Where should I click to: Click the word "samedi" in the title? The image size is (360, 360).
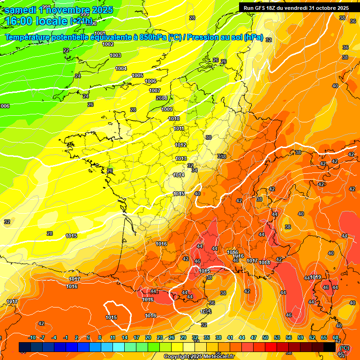pyautogui.click(x=21, y=9)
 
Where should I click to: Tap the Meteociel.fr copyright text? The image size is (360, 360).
pyautogui.click(x=199, y=357)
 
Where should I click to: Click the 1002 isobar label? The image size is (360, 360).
pyautogui.click(x=108, y=45)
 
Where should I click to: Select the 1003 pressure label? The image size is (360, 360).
pyautogui.click(x=115, y=56)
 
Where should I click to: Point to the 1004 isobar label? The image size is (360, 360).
pyautogui.click(x=121, y=69)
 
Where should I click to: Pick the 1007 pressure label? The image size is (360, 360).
pyautogui.click(x=155, y=90)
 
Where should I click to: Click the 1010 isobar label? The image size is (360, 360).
pyautogui.click(x=174, y=119)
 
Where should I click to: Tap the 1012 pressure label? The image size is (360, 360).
pyautogui.click(x=181, y=145)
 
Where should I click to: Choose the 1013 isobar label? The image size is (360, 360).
pyautogui.click(x=181, y=158)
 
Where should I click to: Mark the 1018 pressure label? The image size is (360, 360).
pyautogui.click(x=265, y=262)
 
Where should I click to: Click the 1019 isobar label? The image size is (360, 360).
pyautogui.click(x=315, y=277)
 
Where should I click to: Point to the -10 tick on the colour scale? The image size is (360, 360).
pyautogui.click(x=32, y=338)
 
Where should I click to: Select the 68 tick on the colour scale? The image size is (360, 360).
pyautogui.click(x=336, y=338)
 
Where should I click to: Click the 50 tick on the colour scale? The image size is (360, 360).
pyautogui.click(x=265, y=338)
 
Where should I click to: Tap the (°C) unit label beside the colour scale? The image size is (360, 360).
pyautogui.click(x=345, y=348)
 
